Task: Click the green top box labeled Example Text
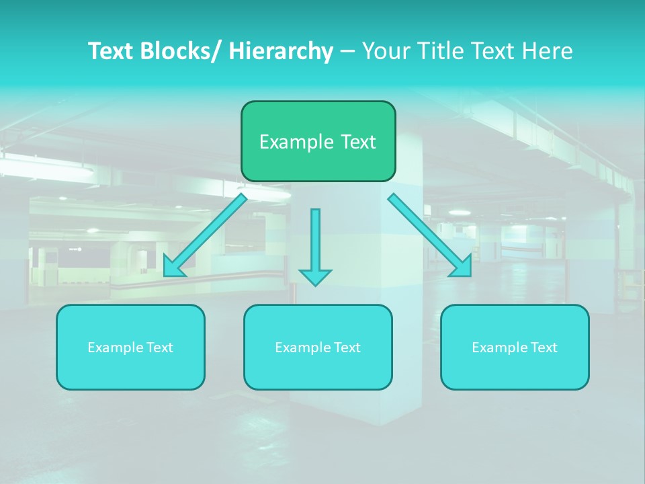[x=318, y=141]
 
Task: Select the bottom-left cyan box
[x=130, y=347]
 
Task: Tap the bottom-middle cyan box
[x=318, y=347]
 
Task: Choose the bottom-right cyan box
[x=515, y=347]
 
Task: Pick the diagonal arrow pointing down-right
[x=430, y=235]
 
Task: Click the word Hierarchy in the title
[x=281, y=51]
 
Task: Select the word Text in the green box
[x=357, y=142]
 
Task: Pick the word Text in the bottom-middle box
[x=348, y=348]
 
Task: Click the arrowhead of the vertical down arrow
[x=315, y=276]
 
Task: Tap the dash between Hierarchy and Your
[x=347, y=52]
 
